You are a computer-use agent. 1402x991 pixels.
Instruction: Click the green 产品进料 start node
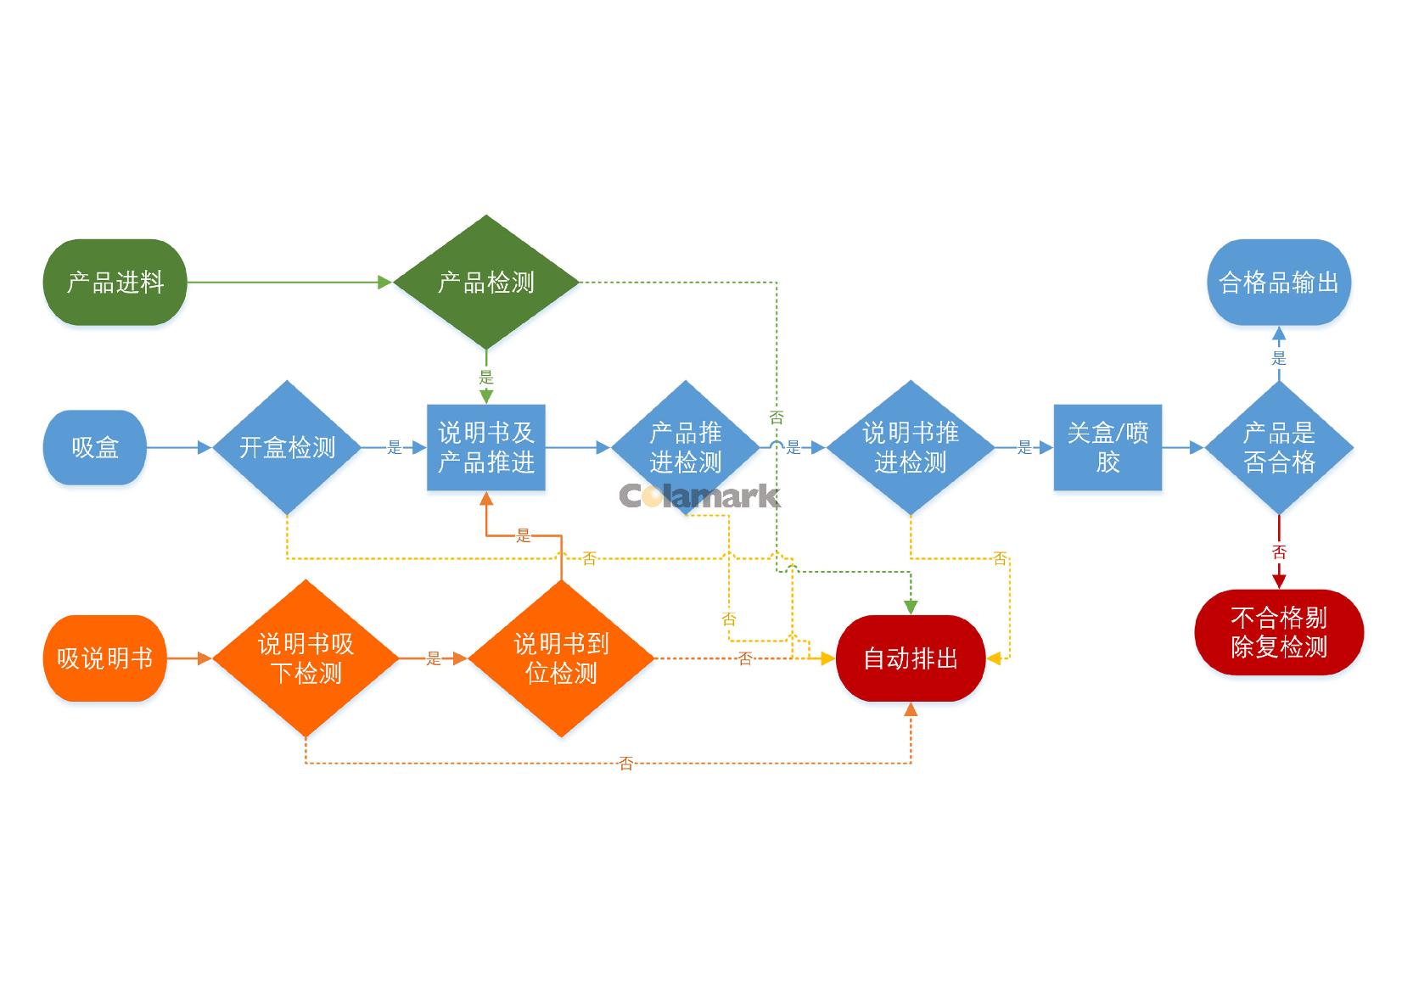pyautogui.click(x=115, y=282)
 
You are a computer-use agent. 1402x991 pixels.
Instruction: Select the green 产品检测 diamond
pyautogui.click(x=486, y=282)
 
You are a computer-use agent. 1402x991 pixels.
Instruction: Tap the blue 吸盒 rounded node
pyautogui.click(x=95, y=447)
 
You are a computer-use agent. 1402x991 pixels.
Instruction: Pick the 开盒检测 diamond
pyautogui.click(x=288, y=447)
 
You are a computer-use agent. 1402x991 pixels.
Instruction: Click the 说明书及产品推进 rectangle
pyautogui.click(x=486, y=447)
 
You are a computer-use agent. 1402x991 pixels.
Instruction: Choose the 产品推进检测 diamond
pyautogui.click(x=686, y=447)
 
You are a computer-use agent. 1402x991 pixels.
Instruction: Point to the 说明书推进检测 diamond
pyautogui.click(x=911, y=447)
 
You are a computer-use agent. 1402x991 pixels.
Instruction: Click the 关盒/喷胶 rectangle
pyautogui.click(x=1108, y=447)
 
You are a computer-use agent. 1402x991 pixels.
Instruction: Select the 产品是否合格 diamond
pyautogui.click(x=1279, y=447)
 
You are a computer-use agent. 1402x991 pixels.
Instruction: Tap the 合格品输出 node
pyautogui.click(x=1279, y=282)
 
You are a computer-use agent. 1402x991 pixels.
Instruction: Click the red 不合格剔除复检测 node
pyautogui.click(x=1279, y=632)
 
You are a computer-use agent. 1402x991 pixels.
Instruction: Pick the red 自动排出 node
pyautogui.click(x=911, y=658)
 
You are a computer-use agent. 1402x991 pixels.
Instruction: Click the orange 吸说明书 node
pyautogui.click(x=105, y=658)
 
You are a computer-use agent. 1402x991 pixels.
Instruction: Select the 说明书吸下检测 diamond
pyautogui.click(x=306, y=658)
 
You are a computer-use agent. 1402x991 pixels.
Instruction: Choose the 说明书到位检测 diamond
pyautogui.click(x=561, y=658)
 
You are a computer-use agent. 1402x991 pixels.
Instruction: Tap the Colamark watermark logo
pyautogui.click(x=699, y=495)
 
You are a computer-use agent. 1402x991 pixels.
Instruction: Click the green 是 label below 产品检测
pyautogui.click(x=486, y=377)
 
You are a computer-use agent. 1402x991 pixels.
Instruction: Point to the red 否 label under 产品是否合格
pyautogui.click(x=1279, y=552)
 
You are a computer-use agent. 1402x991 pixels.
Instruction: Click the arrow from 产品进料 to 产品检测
pyautogui.click(x=289, y=282)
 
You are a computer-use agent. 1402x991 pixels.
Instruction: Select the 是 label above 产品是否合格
pyautogui.click(x=1279, y=358)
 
